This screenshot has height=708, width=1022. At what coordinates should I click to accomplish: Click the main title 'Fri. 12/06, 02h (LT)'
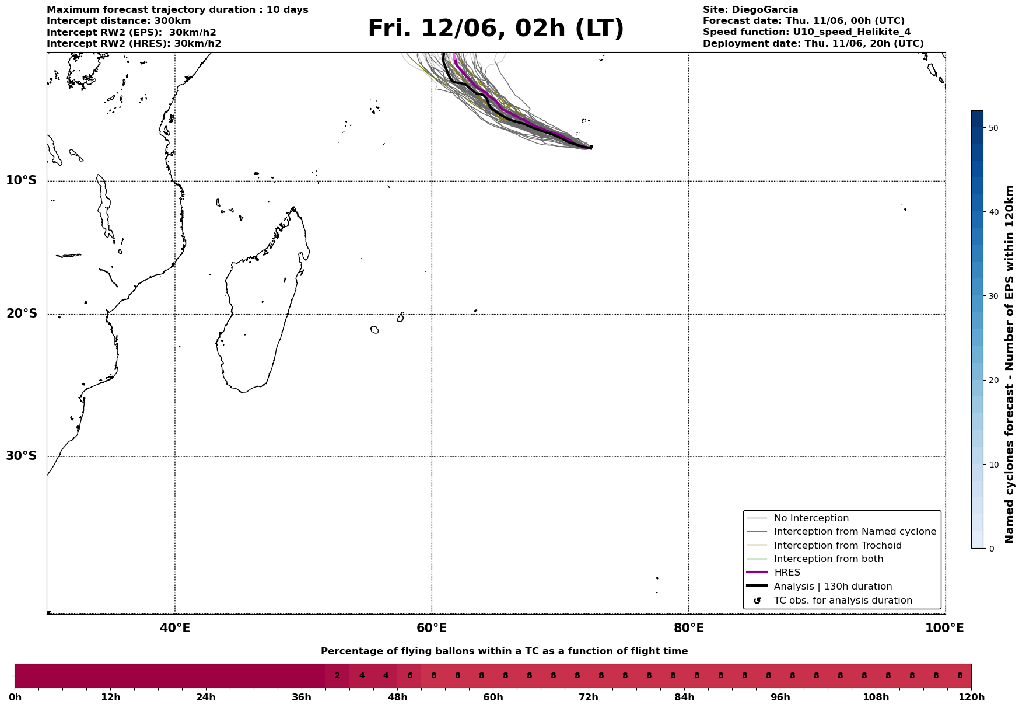click(x=496, y=29)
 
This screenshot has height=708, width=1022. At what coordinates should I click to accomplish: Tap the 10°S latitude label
click(x=22, y=180)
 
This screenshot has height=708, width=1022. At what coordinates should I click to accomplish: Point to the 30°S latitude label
click(x=22, y=456)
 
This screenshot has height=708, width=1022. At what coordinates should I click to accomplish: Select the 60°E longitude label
click(x=432, y=628)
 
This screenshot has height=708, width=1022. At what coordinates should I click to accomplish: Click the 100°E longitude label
click(x=944, y=628)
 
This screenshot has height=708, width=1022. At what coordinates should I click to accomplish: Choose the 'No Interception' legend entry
click(x=811, y=518)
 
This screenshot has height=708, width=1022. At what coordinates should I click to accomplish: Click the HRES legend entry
click(x=787, y=573)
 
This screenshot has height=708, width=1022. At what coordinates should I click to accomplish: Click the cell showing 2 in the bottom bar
click(x=338, y=676)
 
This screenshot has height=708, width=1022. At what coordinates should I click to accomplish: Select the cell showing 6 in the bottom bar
click(x=409, y=676)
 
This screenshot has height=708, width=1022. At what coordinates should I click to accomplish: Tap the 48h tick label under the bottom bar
click(x=397, y=697)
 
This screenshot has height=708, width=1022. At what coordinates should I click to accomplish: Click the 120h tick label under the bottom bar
click(x=971, y=697)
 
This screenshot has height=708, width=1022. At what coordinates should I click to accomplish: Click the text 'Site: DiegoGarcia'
click(x=750, y=10)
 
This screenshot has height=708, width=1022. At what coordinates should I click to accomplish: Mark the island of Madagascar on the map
click(x=262, y=304)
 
